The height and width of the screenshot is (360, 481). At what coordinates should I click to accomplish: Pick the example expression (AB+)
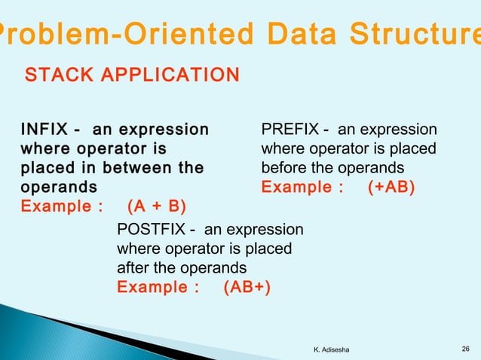[247, 287]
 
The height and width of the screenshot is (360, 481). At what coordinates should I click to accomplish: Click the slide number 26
[465, 346]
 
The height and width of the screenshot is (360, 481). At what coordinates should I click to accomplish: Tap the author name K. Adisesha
[336, 347]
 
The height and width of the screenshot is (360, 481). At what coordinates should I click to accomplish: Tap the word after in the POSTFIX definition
[133, 267]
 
